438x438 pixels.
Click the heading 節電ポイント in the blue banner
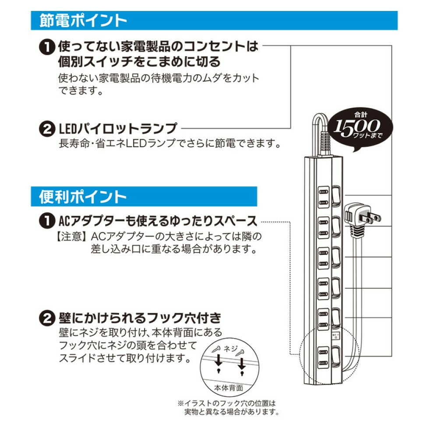pyautogui.click(x=83, y=20)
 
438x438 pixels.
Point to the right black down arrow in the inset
pyautogui.click(x=241, y=363)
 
